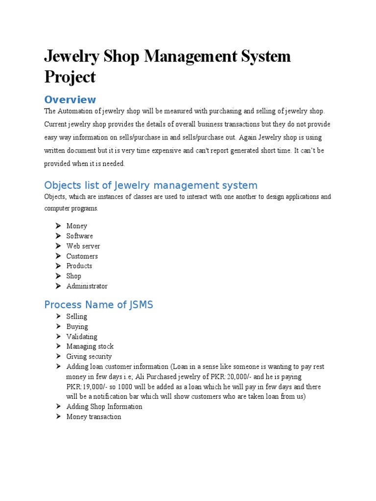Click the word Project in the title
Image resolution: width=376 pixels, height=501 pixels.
click(70, 77)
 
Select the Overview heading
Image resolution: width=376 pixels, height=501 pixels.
click(70, 100)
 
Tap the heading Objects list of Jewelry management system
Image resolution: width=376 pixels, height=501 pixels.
click(150, 185)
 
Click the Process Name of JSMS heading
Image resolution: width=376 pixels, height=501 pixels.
click(98, 305)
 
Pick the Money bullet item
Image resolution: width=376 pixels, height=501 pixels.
click(77, 226)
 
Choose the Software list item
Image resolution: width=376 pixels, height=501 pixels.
click(80, 236)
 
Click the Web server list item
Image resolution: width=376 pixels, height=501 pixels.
click(83, 246)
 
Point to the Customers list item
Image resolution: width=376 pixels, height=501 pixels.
click(82, 256)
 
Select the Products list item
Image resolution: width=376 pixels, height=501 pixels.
click(79, 266)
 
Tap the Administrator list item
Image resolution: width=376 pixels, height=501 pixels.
click(87, 286)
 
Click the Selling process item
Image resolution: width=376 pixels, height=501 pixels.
click(77, 317)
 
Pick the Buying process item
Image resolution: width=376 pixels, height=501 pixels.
click(77, 326)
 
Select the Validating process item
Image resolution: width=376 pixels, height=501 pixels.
click(82, 337)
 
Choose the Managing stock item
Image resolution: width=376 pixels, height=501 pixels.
click(90, 346)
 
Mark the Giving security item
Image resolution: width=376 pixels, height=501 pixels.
click(89, 357)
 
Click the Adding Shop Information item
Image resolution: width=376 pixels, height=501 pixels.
click(104, 407)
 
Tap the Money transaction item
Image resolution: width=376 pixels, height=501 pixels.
click(94, 417)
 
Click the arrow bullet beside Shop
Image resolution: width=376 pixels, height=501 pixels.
click(57, 276)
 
